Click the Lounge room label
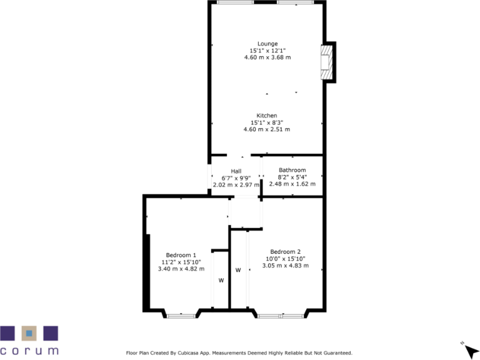(x=267, y=44)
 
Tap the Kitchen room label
(x=267, y=116)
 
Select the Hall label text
(x=236, y=171)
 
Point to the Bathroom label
(x=292, y=170)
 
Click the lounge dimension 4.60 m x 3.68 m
(x=267, y=57)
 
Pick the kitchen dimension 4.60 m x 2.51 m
(x=267, y=129)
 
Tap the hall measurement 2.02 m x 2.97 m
(x=236, y=184)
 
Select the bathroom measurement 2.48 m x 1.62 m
(x=292, y=184)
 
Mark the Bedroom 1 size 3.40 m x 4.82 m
(x=181, y=269)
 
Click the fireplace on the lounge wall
(x=326, y=62)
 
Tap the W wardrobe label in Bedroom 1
(x=221, y=281)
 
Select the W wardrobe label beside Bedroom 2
(x=238, y=271)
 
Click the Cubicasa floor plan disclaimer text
(x=239, y=352)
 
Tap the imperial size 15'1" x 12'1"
(x=267, y=51)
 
